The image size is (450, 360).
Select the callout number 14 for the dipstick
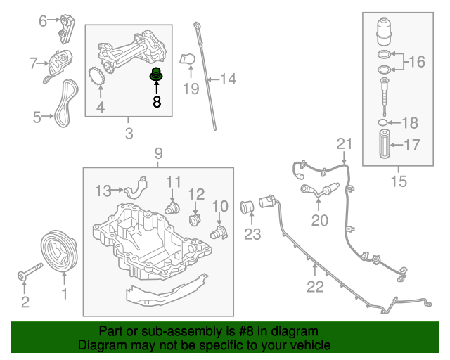228,79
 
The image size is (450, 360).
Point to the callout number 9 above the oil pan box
158,153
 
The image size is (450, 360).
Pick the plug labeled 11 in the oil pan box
172,207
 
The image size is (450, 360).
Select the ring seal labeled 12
196,220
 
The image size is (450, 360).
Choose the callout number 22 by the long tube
315,286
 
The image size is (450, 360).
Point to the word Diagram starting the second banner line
99,346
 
